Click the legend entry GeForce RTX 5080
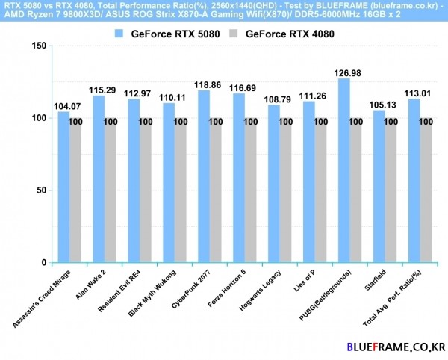167,34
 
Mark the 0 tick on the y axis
43,263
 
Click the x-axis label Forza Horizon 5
228,288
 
